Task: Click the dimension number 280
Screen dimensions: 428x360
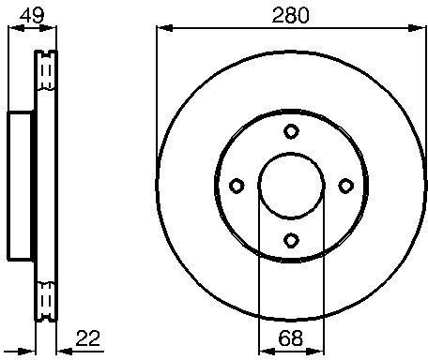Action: tap(290, 15)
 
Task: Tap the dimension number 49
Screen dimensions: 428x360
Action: tap(32, 15)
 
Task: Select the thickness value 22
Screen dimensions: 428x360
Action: tap(88, 337)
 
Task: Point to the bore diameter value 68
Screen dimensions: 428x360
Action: tap(291, 337)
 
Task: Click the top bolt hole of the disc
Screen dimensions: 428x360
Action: tap(291, 131)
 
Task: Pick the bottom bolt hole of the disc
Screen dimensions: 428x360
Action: tap(291, 240)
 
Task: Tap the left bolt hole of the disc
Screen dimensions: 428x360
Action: tap(237, 186)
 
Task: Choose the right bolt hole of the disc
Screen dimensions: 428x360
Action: tap(346, 186)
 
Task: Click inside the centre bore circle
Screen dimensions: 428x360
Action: tap(291, 186)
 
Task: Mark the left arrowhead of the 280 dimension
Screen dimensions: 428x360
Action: tap(164, 28)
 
